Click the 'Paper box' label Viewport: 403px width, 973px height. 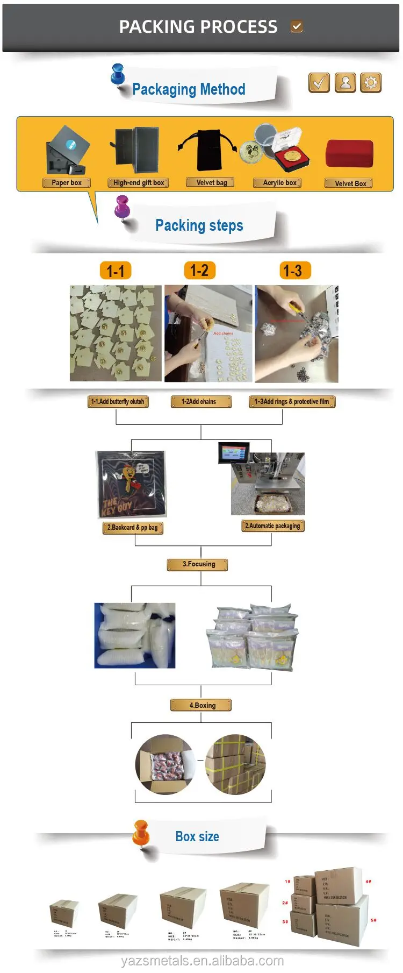pos(67,183)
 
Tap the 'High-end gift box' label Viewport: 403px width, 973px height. pos(138,183)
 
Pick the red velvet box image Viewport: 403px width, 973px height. pos(349,154)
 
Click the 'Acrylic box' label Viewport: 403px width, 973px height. pos(279,183)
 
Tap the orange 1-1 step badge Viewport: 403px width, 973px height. pos(116,271)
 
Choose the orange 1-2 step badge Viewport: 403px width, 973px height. pos(199,270)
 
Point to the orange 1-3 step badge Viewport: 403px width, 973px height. pos(292,271)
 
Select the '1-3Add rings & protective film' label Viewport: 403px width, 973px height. pos(292,402)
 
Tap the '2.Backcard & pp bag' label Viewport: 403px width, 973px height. pos(133,528)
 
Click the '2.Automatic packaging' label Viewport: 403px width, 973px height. pos(273,526)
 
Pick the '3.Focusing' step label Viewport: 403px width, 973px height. pos(198,564)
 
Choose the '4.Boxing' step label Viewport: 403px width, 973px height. pos(201,705)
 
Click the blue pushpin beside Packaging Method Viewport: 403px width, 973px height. pos(117,75)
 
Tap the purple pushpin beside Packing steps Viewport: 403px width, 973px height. pos(123,207)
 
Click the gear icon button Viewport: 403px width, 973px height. pos(370,83)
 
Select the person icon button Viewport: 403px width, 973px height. pos(346,83)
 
